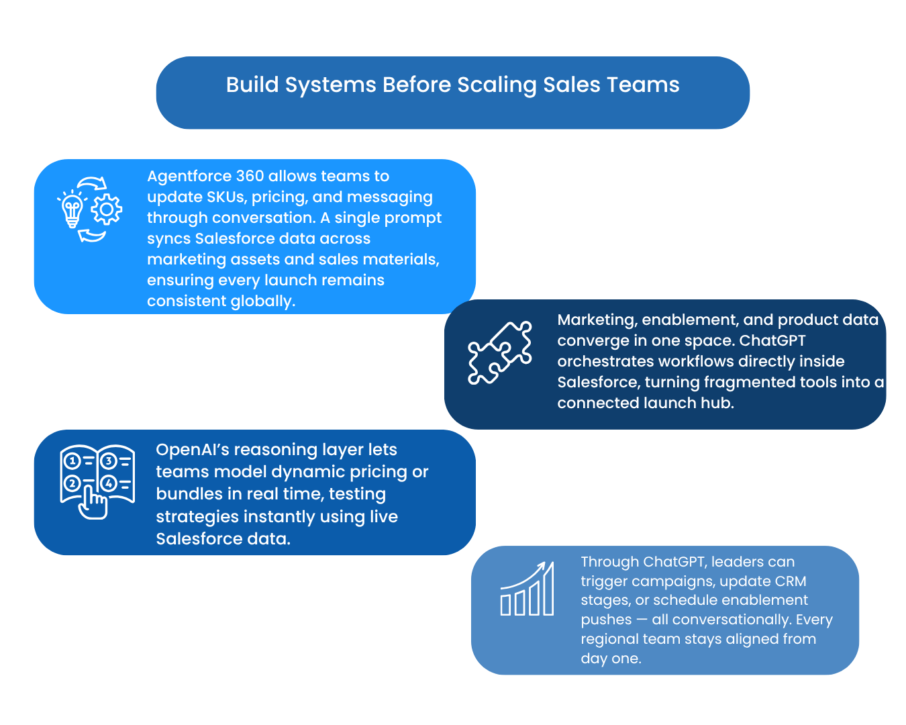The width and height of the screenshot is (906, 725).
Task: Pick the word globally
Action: pos(262,301)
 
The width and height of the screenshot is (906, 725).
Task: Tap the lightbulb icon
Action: pos(72,209)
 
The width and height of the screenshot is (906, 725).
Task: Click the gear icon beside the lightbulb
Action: pos(106,209)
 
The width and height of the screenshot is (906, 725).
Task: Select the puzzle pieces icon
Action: pos(500,352)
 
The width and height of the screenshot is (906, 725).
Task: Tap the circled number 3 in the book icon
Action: pos(108,461)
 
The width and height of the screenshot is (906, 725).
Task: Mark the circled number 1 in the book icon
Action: pos(72,461)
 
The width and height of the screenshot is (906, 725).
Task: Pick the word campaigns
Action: pos(662,581)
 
